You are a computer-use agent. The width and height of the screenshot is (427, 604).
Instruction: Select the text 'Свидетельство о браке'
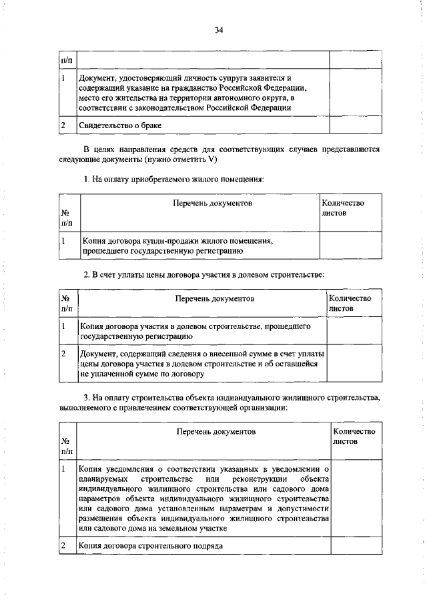point(121,125)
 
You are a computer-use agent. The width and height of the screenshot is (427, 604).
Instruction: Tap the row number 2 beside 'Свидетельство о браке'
point(63,125)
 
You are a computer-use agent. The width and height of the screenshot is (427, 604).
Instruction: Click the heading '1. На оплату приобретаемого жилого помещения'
point(173,180)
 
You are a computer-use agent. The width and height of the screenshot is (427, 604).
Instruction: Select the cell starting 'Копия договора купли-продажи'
point(177,246)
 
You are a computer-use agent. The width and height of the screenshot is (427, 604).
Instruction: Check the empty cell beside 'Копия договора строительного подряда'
point(356,545)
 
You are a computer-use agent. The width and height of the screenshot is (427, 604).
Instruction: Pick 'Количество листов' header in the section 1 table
point(342,208)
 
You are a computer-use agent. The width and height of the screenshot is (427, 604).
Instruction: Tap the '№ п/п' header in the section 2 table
point(66,304)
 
